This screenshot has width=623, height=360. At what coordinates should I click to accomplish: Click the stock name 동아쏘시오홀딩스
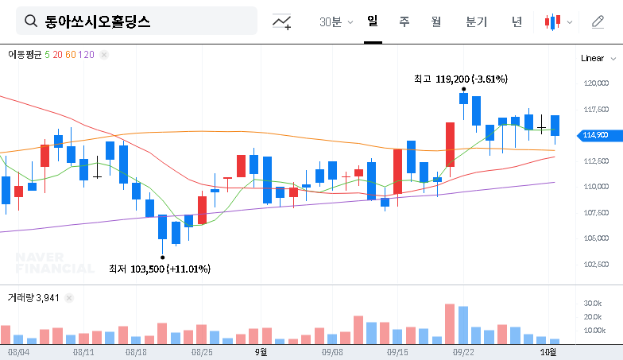[x=97, y=21]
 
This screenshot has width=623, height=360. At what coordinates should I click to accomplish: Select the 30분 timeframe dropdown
[x=336, y=21]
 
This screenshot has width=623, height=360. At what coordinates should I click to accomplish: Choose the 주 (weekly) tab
[x=404, y=21]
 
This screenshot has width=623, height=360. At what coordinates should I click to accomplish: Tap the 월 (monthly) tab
[x=435, y=21]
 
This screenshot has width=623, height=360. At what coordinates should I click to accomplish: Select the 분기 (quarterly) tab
[x=477, y=21]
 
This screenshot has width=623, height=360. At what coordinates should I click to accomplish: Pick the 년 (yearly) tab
[x=517, y=21]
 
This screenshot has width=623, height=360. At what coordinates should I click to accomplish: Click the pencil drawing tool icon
[x=598, y=21]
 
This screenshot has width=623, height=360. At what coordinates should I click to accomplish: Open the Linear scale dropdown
[x=598, y=58]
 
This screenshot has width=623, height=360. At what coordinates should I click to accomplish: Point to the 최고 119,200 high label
[x=460, y=79]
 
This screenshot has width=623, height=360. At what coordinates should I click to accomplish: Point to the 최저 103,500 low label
[x=159, y=269]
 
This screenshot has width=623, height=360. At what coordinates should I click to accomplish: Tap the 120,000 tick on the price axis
[x=595, y=83]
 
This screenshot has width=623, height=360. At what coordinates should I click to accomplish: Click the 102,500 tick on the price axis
[x=595, y=265]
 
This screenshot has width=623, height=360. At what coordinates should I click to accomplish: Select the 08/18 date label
[x=136, y=351]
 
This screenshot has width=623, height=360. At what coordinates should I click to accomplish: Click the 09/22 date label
[x=463, y=351]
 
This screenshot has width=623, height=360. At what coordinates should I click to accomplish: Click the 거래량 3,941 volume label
[x=33, y=297]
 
